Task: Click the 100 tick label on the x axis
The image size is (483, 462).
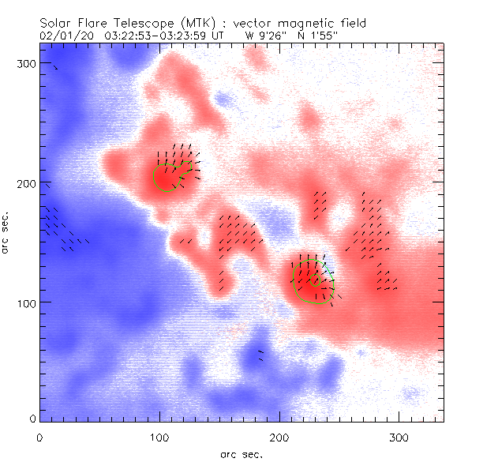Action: [159, 437]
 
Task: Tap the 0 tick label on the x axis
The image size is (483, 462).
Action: [39, 437]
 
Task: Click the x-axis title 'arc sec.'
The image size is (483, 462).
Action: [241, 453]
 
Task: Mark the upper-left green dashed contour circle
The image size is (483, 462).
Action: [165, 178]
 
